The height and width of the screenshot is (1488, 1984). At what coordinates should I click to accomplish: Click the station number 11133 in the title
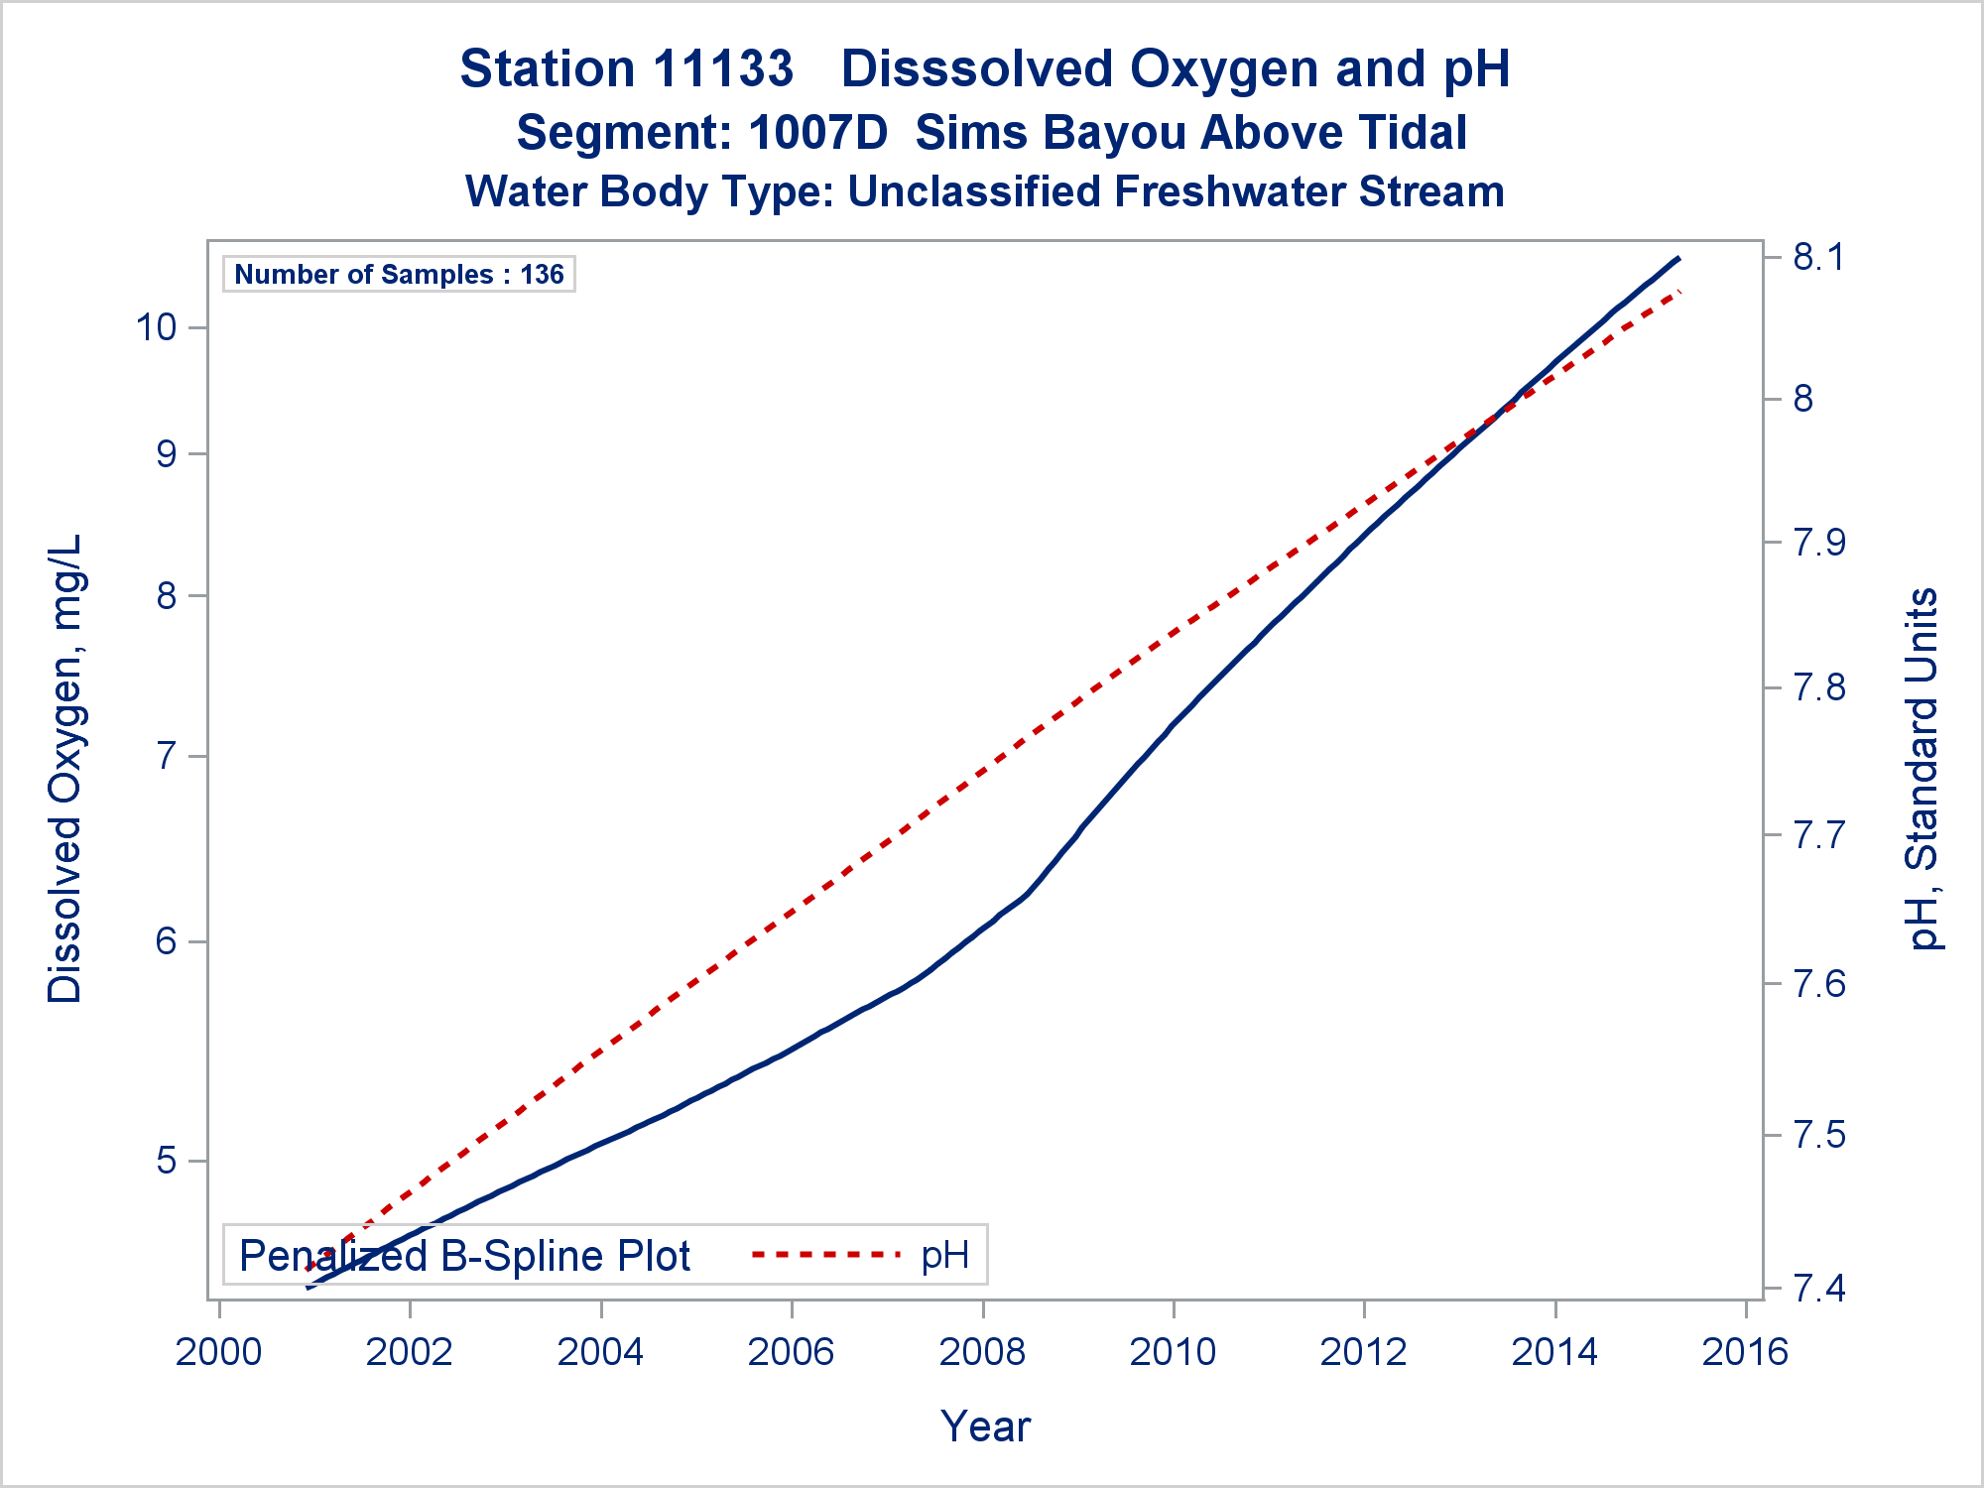(x=724, y=69)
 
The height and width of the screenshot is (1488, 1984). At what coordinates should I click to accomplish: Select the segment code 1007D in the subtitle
(x=818, y=133)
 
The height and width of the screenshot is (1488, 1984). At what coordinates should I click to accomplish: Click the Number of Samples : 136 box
(x=399, y=274)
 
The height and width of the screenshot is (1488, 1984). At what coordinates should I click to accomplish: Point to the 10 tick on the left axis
(x=156, y=327)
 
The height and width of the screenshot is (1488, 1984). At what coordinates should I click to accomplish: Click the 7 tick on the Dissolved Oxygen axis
(x=167, y=757)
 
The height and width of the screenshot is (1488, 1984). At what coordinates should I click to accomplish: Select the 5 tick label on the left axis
(x=167, y=1160)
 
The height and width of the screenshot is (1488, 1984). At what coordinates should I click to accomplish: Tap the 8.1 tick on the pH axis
(x=1817, y=258)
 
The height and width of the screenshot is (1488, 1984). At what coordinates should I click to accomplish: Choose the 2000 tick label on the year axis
(x=218, y=1352)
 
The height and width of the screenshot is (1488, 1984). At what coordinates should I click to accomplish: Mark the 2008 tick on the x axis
(x=982, y=1352)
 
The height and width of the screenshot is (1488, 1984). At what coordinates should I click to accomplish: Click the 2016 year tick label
(x=1745, y=1352)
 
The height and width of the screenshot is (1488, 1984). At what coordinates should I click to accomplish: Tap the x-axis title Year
(x=986, y=1426)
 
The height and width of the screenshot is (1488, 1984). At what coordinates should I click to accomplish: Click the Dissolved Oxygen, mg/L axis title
(x=65, y=769)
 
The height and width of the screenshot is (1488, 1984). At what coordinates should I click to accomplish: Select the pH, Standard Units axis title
(x=1922, y=769)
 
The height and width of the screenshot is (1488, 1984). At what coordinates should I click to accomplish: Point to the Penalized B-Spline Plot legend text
(x=464, y=1256)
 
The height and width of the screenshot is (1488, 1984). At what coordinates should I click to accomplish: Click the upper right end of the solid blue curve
(x=1678, y=258)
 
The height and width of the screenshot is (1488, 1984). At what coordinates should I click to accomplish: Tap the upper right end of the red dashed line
(x=1680, y=292)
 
